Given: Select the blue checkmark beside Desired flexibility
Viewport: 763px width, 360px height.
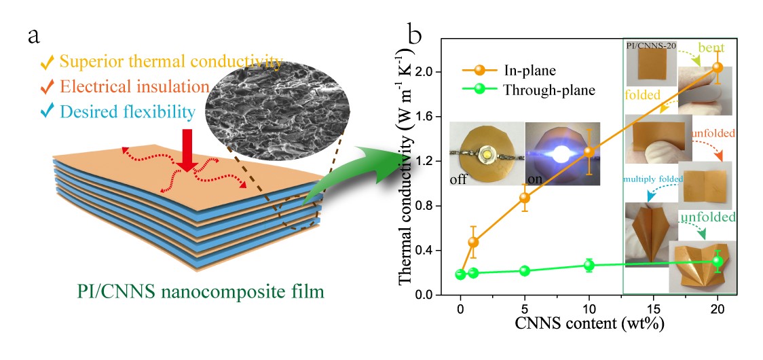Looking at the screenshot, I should tap(46, 111).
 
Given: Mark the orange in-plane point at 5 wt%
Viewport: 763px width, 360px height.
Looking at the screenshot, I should tap(524, 198).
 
